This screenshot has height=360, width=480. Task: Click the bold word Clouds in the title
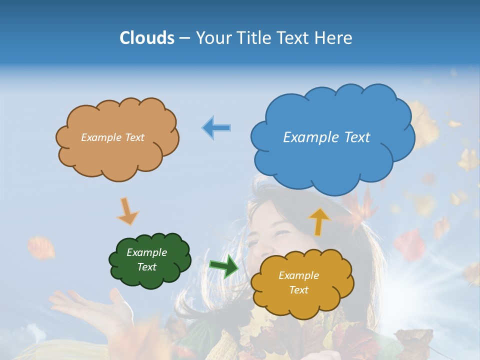pyautogui.click(x=146, y=38)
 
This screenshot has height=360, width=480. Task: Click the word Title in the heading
pyautogui.click(x=252, y=38)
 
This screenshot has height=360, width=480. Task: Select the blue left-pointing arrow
pyautogui.click(x=216, y=127)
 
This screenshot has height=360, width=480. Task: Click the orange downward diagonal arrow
pyautogui.click(x=128, y=211)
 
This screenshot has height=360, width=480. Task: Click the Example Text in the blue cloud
pyautogui.click(x=326, y=137)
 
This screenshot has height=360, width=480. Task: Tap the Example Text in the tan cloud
pyautogui.click(x=112, y=137)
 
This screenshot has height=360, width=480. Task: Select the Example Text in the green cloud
pyautogui.click(x=146, y=260)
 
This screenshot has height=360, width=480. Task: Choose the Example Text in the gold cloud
pyautogui.click(x=298, y=282)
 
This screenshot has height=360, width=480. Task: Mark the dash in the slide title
pyautogui.click(x=184, y=38)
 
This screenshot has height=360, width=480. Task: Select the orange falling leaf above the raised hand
pyautogui.click(x=41, y=248)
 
